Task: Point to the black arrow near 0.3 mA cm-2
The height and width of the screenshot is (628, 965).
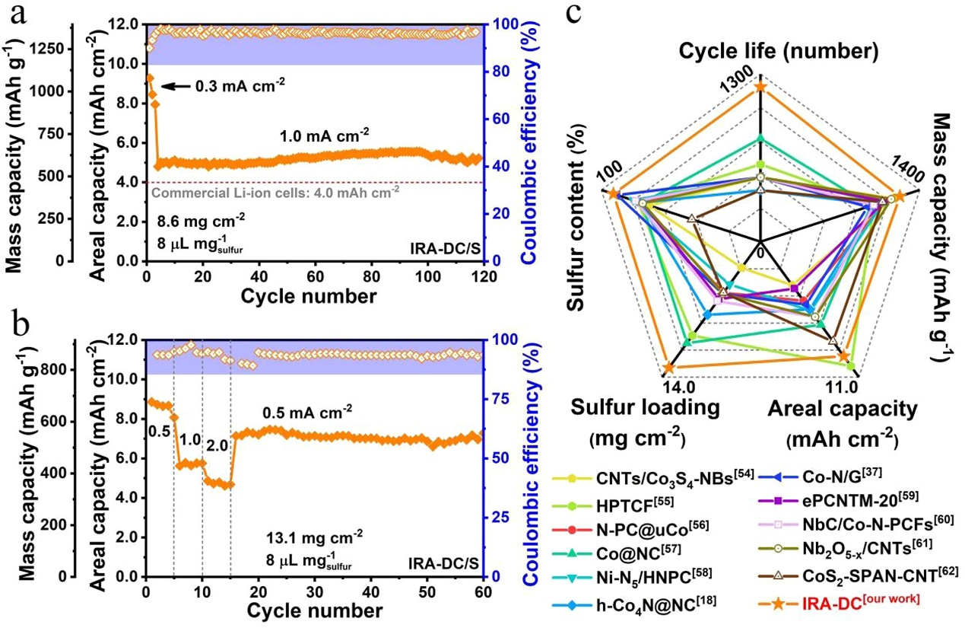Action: click(173, 87)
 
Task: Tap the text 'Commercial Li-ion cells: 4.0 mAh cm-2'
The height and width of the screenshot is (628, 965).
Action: click(276, 193)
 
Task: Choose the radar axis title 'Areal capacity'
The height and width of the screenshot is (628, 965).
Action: click(842, 409)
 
